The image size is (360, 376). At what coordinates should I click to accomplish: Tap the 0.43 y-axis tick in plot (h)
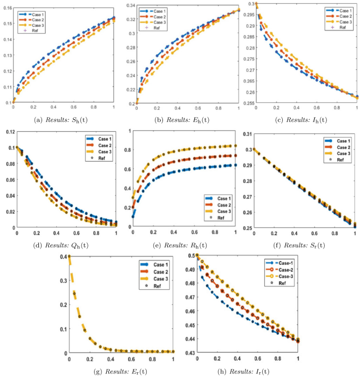pyautogui.click(x=188, y=353)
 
